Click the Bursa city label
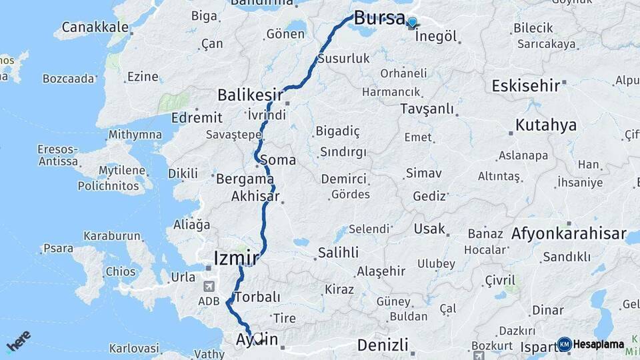[379, 18]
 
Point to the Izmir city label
[235, 257]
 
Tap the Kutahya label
[545, 125]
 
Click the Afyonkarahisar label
[569, 234]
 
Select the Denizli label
[382, 345]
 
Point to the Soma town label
[278, 160]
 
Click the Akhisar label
[255, 197]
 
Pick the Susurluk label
[343, 59]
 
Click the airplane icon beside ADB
[211, 287]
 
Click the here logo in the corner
[18, 341]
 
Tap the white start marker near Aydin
[259, 338]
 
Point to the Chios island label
[120, 272]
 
